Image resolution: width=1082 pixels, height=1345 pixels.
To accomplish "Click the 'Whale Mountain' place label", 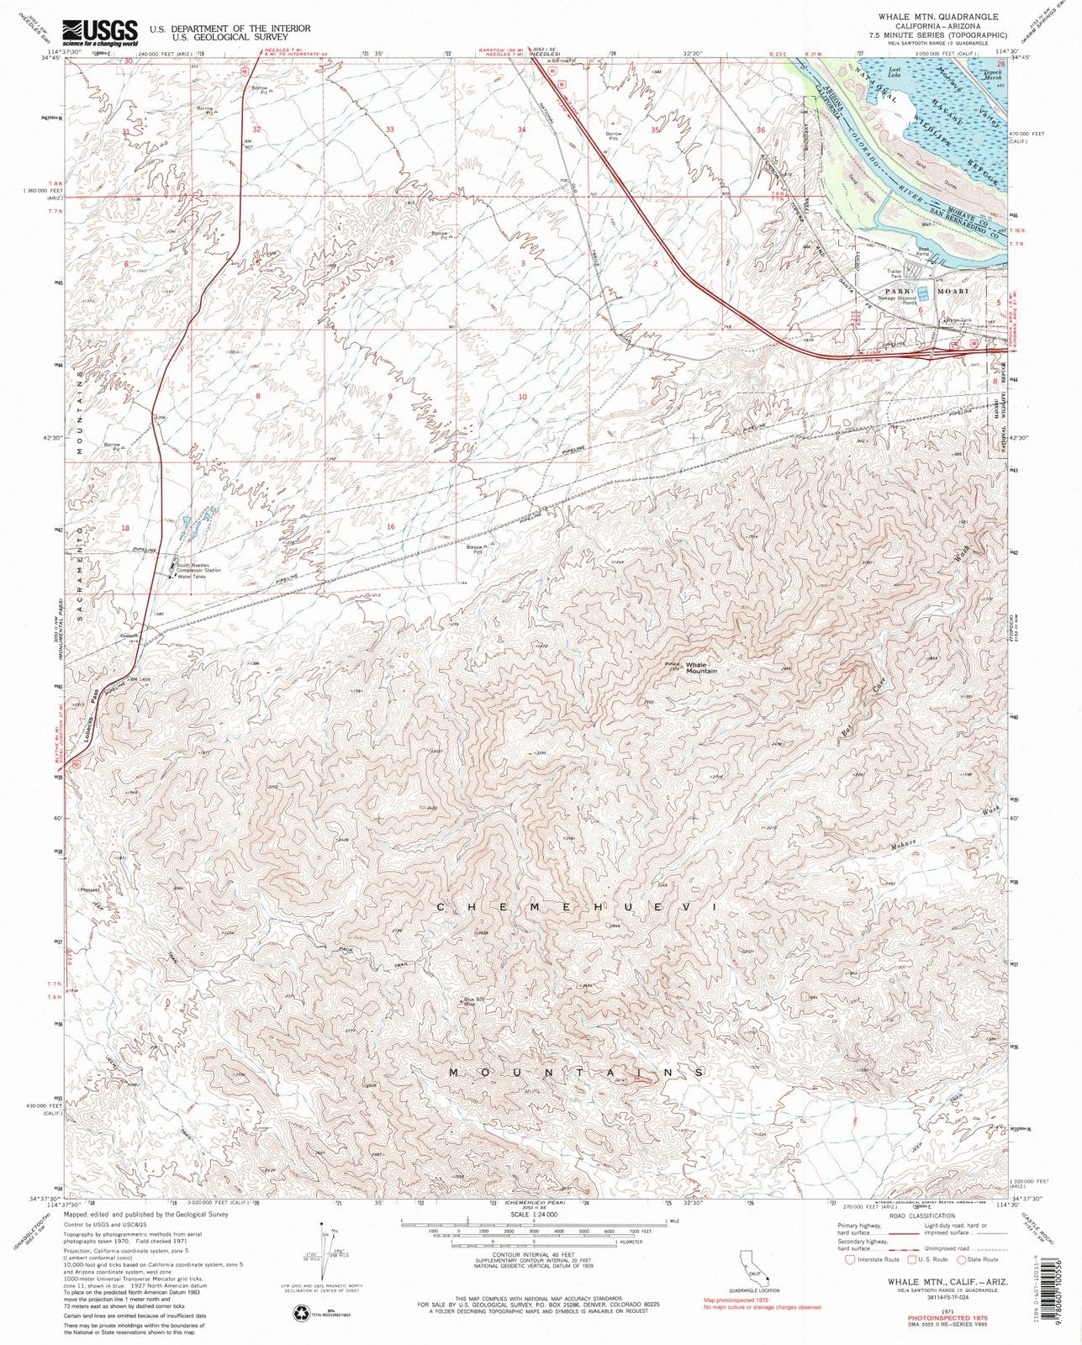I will tap(701, 667).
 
